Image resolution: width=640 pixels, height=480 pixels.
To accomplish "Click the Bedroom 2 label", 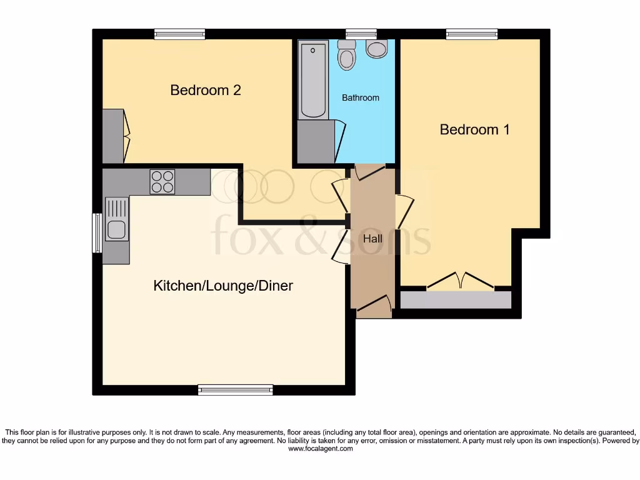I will click(x=206, y=91).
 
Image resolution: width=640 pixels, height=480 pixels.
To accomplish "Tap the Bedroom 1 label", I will click(x=474, y=130).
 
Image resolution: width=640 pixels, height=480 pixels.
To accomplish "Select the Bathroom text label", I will click(x=360, y=98).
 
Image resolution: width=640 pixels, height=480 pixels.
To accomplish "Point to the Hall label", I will click(x=372, y=239).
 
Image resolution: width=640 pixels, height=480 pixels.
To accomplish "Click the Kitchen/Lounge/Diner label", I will click(x=223, y=286).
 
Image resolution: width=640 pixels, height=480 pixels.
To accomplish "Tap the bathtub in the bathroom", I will click(x=312, y=79).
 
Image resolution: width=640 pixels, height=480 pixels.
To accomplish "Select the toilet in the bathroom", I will click(x=346, y=56).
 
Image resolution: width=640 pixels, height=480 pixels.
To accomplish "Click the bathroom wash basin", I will click(x=376, y=49).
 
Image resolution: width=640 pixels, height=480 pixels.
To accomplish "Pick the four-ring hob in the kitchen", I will click(x=162, y=182).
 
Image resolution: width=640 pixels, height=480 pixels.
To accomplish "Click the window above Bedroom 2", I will click(x=179, y=34).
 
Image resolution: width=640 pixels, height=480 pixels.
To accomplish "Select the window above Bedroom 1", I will click(x=472, y=34).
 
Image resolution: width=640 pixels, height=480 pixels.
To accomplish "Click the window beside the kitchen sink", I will click(x=97, y=233).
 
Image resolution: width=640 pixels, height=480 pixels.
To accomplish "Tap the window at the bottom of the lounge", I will click(x=236, y=390).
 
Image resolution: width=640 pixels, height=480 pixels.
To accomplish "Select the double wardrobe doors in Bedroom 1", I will click(x=461, y=281).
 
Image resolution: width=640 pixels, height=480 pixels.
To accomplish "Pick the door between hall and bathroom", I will click(x=367, y=172).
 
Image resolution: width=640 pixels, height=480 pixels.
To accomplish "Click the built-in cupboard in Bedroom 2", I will click(x=113, y=136).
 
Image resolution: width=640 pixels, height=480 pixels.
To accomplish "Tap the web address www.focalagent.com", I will click(x=319, y=449).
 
